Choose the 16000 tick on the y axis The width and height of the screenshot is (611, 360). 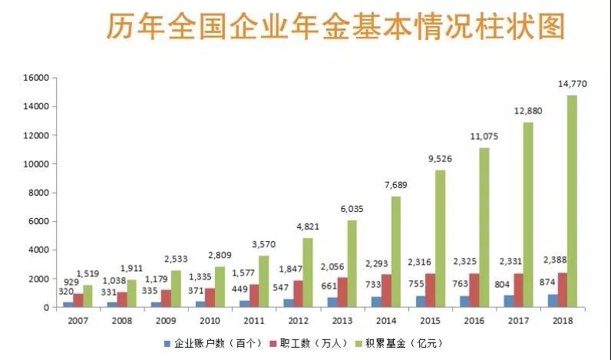click(x=36, y=78)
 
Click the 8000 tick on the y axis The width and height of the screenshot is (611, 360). click(x=39, y=193)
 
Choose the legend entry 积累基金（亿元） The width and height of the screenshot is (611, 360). click(x=406, y=342)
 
